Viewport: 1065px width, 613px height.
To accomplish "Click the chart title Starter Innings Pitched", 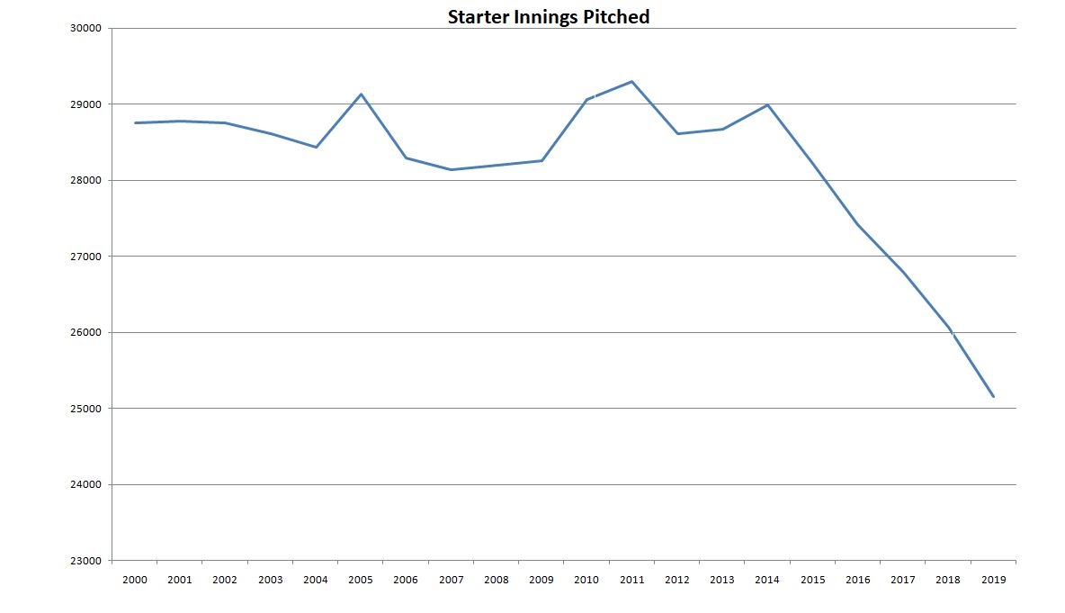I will tap(549, 17).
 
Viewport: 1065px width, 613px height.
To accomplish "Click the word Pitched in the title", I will tap(616, 17).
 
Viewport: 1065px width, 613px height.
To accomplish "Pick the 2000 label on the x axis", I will tap(135, 580).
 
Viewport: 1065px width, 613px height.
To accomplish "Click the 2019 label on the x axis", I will tap(993, 580).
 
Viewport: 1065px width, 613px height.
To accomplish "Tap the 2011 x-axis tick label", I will tap(631, 580).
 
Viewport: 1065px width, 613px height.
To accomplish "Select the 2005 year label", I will tap(361, 580).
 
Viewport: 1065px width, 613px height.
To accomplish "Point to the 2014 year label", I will tap(767, 580).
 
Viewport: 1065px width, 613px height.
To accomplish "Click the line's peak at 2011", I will tap(631, 82).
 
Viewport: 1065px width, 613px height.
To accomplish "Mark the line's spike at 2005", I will tap(361, 94).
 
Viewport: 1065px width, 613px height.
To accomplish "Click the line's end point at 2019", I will tap(993, 396).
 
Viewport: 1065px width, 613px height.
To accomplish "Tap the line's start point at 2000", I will tap(135, 122).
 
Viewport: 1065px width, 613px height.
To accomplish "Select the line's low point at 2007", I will tap(451, 169).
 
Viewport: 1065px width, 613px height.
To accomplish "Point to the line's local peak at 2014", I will tap(767, 104).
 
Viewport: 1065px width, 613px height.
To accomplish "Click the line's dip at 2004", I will tap(316, 147).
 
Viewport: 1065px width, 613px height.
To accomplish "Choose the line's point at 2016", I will tap(857, 224).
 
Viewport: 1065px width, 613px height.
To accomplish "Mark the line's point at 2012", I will tap(676, 133).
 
